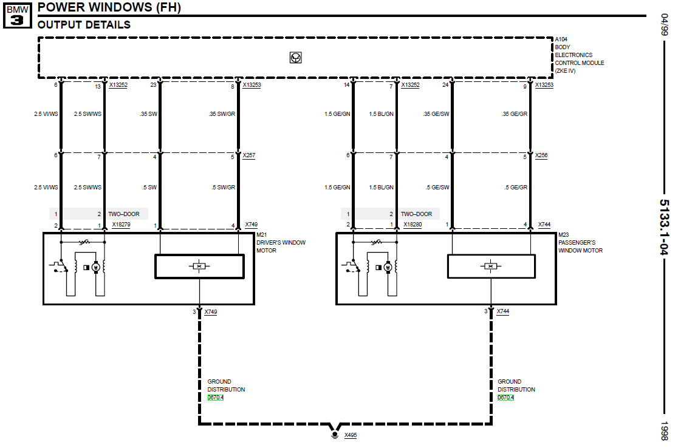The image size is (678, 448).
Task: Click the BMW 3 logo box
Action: [x=17, y=16]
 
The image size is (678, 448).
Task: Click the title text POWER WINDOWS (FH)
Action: [x=109, y=7]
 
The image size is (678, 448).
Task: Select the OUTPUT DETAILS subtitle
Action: [x=84, y=25]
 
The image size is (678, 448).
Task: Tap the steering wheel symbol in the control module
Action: [x=296, y=58]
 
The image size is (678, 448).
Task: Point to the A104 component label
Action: [x=561, y=39]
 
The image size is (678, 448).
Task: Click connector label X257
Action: [x=249, y=155]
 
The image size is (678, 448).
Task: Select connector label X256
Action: [x=541, y=155]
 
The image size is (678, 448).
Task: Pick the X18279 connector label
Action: [x=121, y=225]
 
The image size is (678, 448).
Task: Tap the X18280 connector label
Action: [x=413, y=225]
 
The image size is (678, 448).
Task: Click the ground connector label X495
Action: [x=351, y=435]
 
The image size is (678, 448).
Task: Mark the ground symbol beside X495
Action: [x=335, y=435]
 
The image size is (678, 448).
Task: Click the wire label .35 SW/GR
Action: [x=222, y=114]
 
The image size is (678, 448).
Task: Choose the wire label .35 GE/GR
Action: [x=515, y=114]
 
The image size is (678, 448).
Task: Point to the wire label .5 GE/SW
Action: [x=437, y=188]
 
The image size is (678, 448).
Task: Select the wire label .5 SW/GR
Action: [x=224, y=188]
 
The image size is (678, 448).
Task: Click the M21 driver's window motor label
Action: [x=281, y=243]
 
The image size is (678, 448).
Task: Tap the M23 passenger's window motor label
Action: [x=580, y=243]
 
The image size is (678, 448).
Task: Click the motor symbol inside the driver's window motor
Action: [x=96, y=268]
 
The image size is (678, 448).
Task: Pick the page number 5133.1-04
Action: [x=664, y=227]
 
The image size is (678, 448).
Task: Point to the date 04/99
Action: [x=664, y=25]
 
